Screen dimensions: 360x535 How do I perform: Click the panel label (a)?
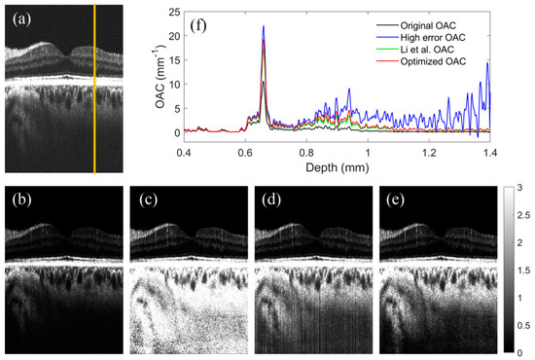click(x=21, y=19)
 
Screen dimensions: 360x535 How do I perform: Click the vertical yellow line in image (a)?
click(x=94, y=88)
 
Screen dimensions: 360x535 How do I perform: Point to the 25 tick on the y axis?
click(x=170, y=13)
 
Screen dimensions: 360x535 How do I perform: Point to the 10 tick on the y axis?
click(x=170, y=85)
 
